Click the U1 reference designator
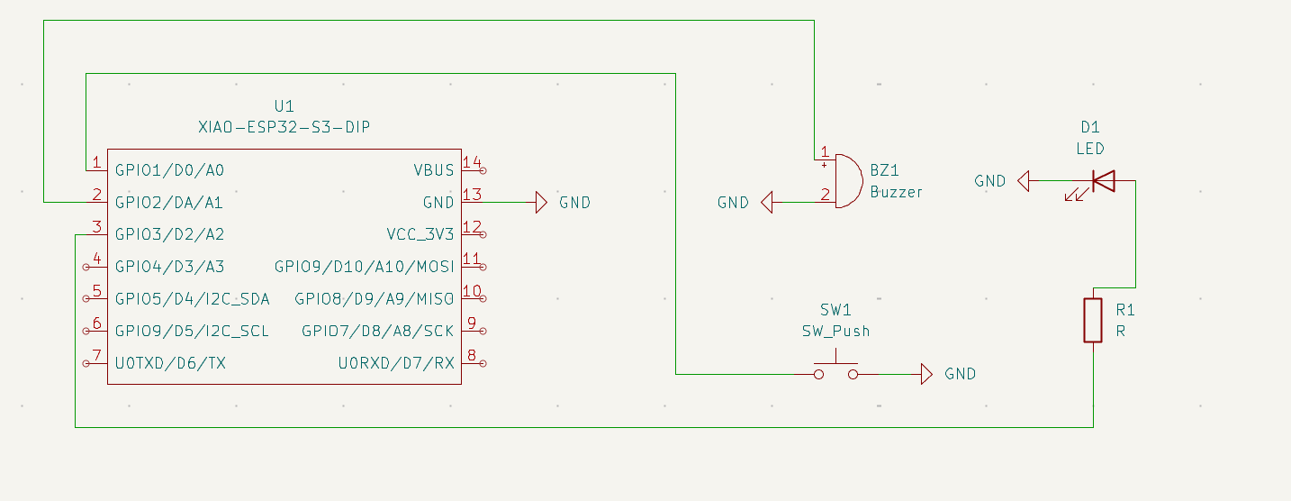pyautogui.click(x=284, y=106)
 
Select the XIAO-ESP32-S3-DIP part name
pyautogui.click(x=284, y=128)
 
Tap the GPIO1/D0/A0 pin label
pyautogui.click(x=169, y=170)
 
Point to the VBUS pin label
pyautogui.click(x=434, y=170)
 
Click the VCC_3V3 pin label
pyautogui.click(x=420, y=235)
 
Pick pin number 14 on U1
pyautogui.click(x=472, y=162)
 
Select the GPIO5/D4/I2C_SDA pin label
pyautogui.click(x=192, y=299)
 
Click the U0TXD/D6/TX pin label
pyautogui.click(x=169, y=364)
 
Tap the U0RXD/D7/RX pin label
pyautogui.click(x=396, y=364)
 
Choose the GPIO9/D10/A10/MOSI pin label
pyautogui.click(x=365, y=268)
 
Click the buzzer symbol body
pyautogui.click(x=846, y=180)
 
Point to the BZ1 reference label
pyautogui.click(x=885, y=170)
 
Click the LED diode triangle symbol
pyautogui.click(x=1103, y=182)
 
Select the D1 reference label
pyautogui.click(x=1090, y=128)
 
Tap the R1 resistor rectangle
pyautogui.click(x=1093, y=320)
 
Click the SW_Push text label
pyautogui.click(x=835, y=331)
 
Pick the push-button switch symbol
pyautogui.click(x=835, y=372)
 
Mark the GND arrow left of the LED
pyautogui.click(x=1024, y=182)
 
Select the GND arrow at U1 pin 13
pyautogui.click(x=540, y=203)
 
